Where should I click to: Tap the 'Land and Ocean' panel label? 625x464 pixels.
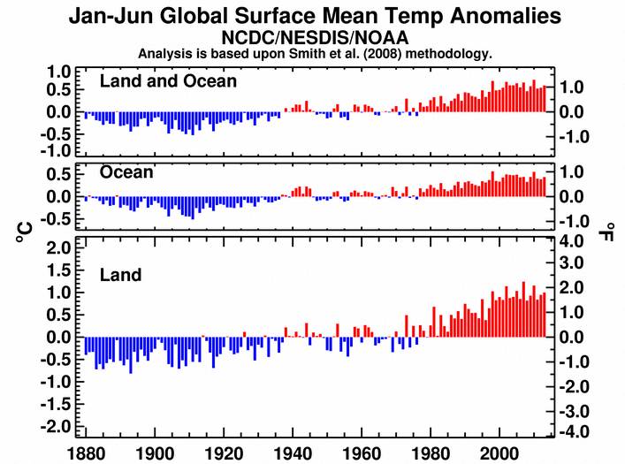(168, 81)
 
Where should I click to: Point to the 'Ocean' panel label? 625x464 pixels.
(126, 172)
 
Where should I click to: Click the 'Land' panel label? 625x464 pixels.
(120, 275)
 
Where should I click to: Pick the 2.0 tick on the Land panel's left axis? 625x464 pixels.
(57, 248)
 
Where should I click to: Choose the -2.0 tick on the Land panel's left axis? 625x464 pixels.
(55, 426)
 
